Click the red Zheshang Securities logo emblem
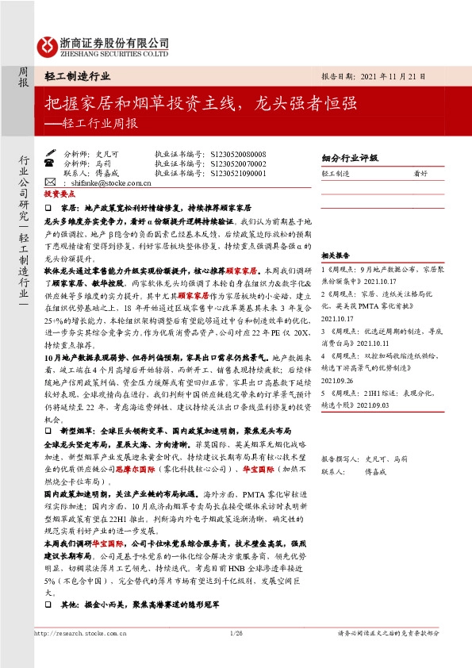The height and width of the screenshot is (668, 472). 46,46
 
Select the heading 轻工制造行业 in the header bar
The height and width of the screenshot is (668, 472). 78,77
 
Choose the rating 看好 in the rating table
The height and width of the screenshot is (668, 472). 420,172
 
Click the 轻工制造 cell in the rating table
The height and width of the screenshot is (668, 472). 336,172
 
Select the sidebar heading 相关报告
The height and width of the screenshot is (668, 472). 335,255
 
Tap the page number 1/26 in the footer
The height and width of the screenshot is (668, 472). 235,632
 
